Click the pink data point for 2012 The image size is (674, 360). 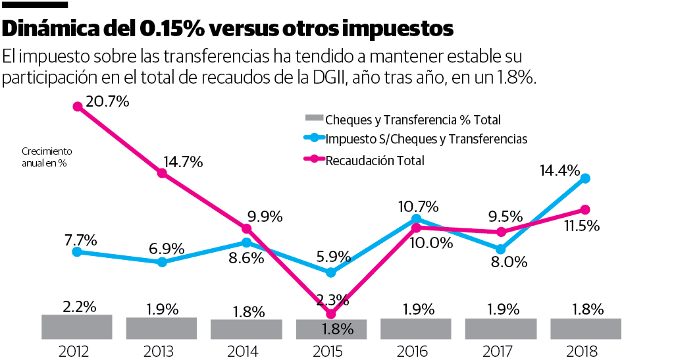tap(78, 106)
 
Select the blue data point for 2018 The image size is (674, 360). tap(584, 178)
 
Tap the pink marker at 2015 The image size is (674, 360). tap(331, 314)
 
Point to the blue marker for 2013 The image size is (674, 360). tap(162, 262)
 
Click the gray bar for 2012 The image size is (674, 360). tap(77, 326)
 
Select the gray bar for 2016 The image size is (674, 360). tap(416, 328)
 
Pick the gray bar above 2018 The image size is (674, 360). tap(585, 328)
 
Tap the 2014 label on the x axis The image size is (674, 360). tap(246, 351)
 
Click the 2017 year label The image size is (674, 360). tap(500, 351)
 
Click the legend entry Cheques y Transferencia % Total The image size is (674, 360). tap(413, 120)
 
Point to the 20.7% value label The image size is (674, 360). tap(107, 101)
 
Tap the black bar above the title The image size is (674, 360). tap(35, 5)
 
